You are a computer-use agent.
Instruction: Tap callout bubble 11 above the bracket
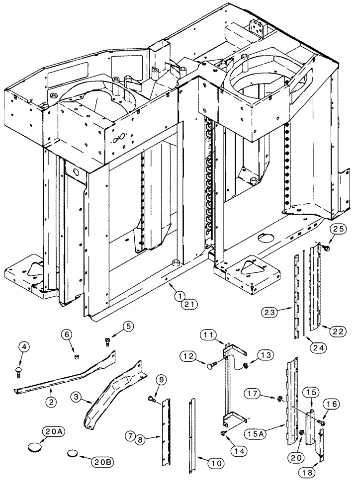[209, 334]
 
